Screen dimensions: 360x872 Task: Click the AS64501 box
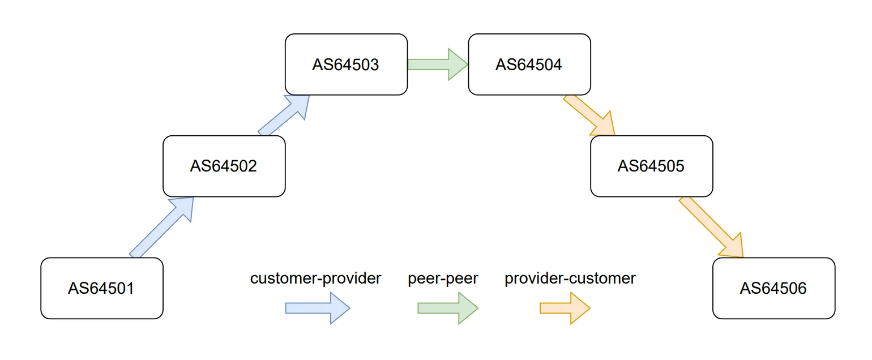click(102, 288)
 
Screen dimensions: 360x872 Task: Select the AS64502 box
click(224, 166)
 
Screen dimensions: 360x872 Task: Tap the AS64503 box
click(346, 65)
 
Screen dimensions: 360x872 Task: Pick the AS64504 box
click(529, 65)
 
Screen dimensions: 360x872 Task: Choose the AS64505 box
click(651, 166)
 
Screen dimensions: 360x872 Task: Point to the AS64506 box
click(773, 288)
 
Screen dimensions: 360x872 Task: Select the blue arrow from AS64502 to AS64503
click(283, 115)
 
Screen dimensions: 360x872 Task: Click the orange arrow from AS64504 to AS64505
click(589, 115)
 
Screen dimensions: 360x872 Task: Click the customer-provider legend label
click(315, 278)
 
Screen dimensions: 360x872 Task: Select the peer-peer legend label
click(443, 278)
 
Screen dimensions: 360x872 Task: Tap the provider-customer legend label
click(570, 278)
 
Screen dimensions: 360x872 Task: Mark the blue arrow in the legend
click(318, 308)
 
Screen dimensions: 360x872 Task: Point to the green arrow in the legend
click(448, 308)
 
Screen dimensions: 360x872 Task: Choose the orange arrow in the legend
click(565, 308)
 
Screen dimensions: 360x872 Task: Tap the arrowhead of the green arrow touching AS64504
click(458, 64)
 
